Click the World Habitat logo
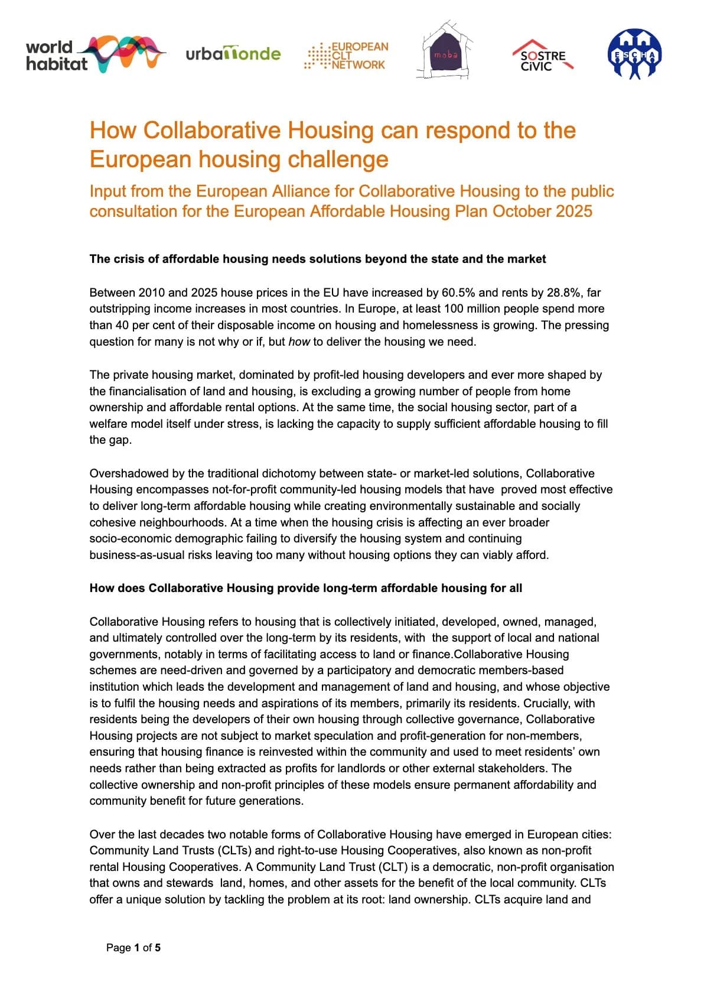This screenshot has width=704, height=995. [x=94, y=54]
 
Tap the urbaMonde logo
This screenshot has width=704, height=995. [x=233, y=54]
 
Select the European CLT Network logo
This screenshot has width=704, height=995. [x=347, y=56]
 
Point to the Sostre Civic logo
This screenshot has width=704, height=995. [x=543, y=56]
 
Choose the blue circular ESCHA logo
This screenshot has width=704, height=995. [x=634, y=54]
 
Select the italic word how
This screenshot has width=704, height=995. [x=299, y=342]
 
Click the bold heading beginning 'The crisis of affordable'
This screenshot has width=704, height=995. [x=317, y=259]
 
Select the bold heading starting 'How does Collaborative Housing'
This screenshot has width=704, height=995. [x=305, y=588]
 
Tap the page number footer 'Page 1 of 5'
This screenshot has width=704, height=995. [x=133, y=948]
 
